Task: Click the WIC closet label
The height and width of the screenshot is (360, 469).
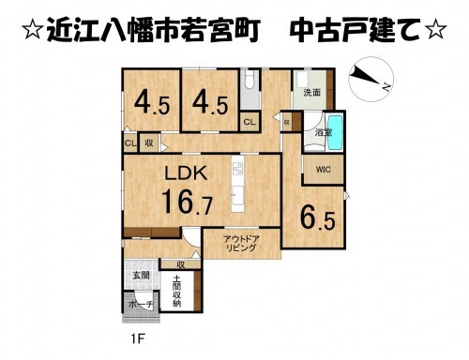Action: [323, 170]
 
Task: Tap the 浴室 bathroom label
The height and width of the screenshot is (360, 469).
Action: [321, 134]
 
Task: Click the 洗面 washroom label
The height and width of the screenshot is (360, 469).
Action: [311, 92]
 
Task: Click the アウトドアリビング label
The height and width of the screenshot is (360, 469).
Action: [241, 246]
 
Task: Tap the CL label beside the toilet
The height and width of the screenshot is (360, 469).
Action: [249, 122]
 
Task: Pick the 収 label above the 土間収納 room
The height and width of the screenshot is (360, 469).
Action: [179, 264]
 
